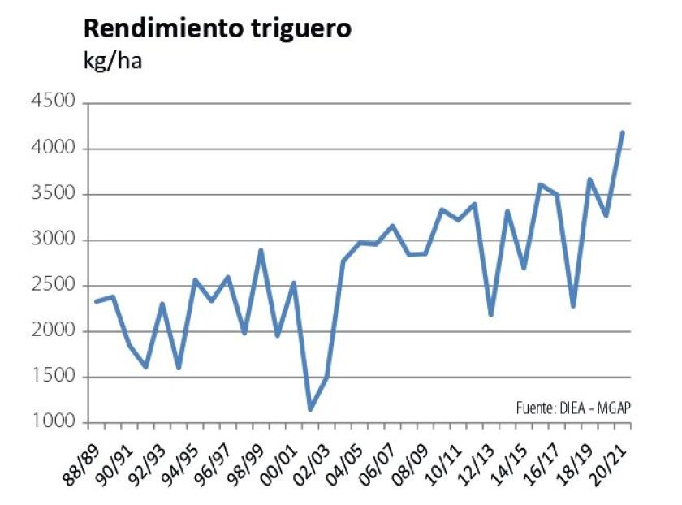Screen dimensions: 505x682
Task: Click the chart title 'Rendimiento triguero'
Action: (x=217, y=28)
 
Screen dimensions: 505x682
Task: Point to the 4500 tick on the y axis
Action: (x=54, y=102)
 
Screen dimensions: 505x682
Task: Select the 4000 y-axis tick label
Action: (x=54, y=149)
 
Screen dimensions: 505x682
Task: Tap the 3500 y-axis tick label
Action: (x=54, y=194)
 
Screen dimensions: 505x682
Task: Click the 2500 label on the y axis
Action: (x=54, y=286)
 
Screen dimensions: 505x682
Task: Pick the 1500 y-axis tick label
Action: (x=54, y=378)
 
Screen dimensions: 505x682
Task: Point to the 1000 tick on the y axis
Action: (x=54, y=423)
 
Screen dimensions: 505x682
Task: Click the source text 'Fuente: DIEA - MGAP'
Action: (x=572, y=407)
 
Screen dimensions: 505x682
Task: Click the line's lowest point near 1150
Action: (x=310, y=408)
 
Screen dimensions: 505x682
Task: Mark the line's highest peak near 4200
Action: (x=622, y=132)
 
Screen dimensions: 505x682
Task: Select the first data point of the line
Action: (x=96, y=301)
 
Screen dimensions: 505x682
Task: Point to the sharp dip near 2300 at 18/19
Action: (x=573, y=306)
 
